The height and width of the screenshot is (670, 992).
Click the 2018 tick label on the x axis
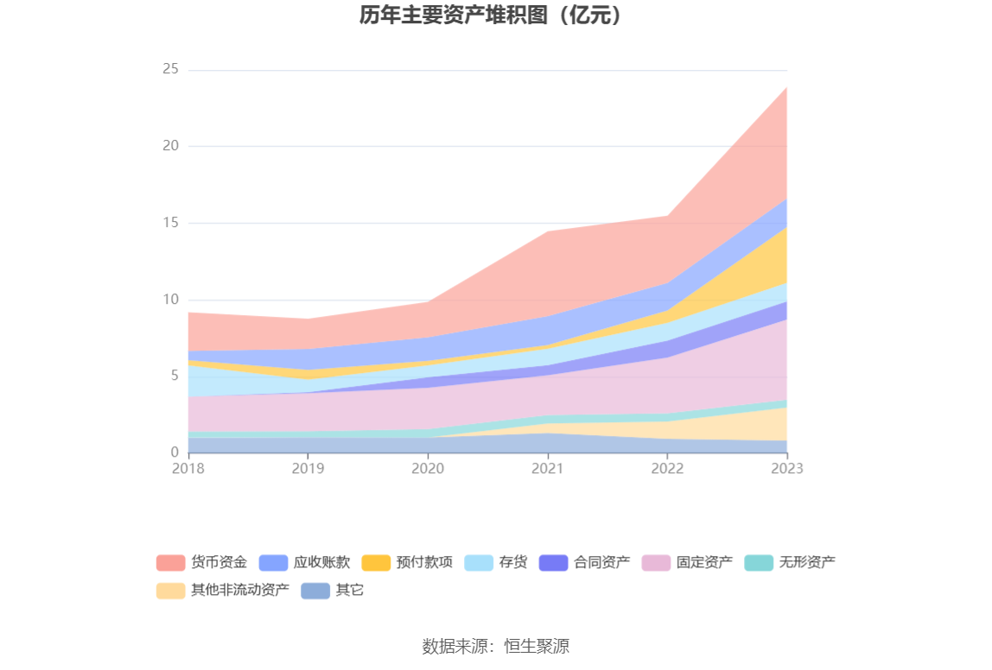pyautogui.click(x=188, y=468)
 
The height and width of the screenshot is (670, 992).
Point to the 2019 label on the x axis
pyautogui.click(x=308, y=468)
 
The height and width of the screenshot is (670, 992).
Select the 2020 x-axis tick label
pyautogui.click(x=428, y=468)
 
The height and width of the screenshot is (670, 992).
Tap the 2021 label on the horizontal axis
pyautogui.click(x=548, y=468)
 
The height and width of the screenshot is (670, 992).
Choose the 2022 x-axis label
pyautogui.click(x=668, y=468)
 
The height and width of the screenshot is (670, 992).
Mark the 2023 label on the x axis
pyautogui.click(x=787, y=468)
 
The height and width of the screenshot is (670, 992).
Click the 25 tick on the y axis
pyautogui.click(x=170, y=69)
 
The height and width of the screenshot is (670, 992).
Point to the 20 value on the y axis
pyautogui.click(x=170, y=146)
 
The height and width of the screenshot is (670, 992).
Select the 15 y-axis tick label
pyautogui.click(x=170, y=223)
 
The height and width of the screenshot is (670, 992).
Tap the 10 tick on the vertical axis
pyautogui.click(x=170, y=300)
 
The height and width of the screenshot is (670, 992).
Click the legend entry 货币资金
pyautogui.click(x=201, y=563)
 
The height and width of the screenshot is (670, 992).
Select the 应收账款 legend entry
pyautogui.click(x=304, y=563)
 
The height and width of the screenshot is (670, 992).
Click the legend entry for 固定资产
pyautogui.click(x=687, y=563)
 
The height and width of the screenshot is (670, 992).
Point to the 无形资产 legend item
pyautogui.click(x=790, y=563)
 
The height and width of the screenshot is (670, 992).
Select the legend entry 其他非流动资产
pyautogui.click(x=223, y=591)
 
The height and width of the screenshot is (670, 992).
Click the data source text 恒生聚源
pyautogui.click(x=537, y=646)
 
